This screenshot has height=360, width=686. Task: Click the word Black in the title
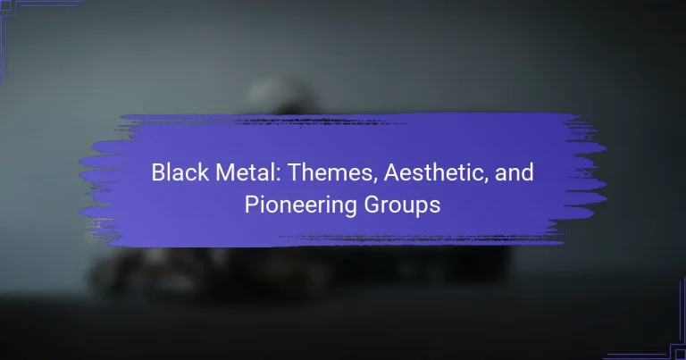[x=180, y=172]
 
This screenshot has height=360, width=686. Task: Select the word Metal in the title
[x=247, y=172]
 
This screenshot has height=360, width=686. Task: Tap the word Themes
[x=332, y=173]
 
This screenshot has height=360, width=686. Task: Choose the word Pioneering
[x=300, y=205]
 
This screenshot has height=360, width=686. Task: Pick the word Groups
[x=402, y=205]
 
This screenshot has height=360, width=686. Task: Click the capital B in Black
[x=158, y=172]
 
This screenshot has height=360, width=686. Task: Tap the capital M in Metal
[x=225, y=172]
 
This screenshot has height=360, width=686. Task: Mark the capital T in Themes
[x=295, y=172]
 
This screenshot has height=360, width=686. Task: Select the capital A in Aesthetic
[x=392, y=172]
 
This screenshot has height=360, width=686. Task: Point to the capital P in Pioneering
[x=251, y=205]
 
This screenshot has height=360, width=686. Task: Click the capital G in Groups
[x=372, y=205]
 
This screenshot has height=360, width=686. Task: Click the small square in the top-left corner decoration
[x=5, y=5]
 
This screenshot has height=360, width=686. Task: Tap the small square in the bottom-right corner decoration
[x=681, y=355]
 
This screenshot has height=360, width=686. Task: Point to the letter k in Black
[x=204, y=172]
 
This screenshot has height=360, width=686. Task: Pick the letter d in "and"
[x=528, y=172]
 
